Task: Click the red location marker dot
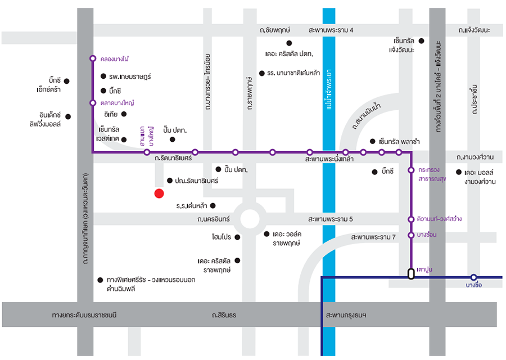(x=159, y=193)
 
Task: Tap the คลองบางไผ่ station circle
(x=93, y=58)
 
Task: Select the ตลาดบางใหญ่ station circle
(x=93, y=102)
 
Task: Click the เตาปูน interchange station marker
(x=411, y=273)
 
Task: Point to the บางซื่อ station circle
(x=473, y=277)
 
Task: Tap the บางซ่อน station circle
(x=411, y=235)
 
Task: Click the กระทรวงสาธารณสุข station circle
(x=411, y=170)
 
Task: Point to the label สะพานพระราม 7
(x=373, y=237)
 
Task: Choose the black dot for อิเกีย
(x=124, y=114)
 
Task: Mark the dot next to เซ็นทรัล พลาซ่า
(x=372, y=141)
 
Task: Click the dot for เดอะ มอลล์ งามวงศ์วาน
(x=459, y=173)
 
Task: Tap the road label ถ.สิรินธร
(x=223, y=314)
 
